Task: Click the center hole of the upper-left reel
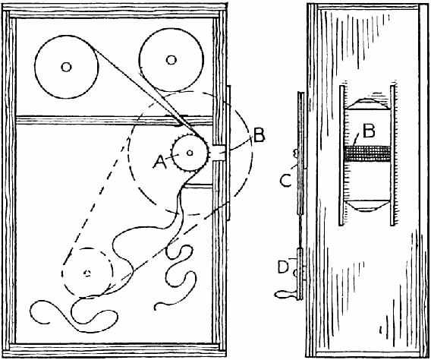(66, 67)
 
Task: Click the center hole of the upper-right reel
(171, 60)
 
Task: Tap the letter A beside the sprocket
(160, 162)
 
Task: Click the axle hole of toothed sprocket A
(190, 153)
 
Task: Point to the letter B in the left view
(259, 135)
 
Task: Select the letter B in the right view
(369, 131)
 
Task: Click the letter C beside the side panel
(286, 182)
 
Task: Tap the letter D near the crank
(284, 267)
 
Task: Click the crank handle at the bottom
(285, 295)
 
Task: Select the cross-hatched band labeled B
(367, 153)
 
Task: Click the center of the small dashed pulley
(87, 273)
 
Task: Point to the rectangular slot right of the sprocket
(219, 153)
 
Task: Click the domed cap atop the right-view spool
(367, 103)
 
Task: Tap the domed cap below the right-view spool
(367, 206)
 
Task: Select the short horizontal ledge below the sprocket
(199, 186)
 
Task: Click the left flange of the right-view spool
(341, 156)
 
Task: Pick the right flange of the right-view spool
(392, 156)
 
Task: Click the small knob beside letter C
(296, 153)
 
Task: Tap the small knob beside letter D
(295, 273)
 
